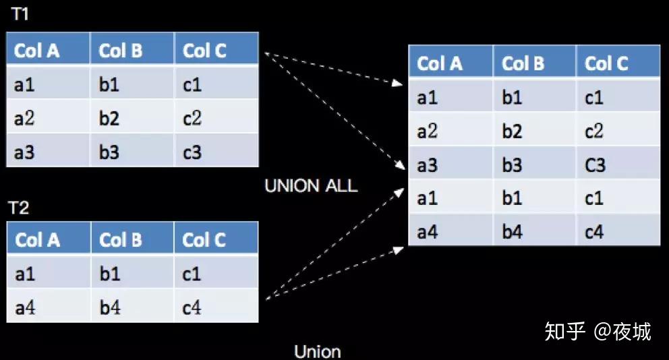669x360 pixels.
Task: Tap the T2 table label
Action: (x=20, y=207)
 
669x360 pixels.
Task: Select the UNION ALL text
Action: (x=310, y=186)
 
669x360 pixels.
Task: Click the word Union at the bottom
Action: (x=317, y=351)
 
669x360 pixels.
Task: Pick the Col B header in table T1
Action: (x=121, y=51)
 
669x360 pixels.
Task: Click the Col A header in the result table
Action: (x=439, y=64)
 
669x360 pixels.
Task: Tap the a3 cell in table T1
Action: (x=25, y=152)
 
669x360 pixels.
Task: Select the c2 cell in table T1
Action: (x=192, y=119)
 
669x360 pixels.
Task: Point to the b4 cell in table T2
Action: (x=110, y=308)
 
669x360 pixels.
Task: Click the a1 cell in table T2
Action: (x=25, y=274)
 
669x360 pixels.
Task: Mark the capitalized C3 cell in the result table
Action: (x=595, y=164)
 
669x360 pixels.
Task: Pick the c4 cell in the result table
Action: (x=594, y=232)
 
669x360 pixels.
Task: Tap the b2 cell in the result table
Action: (x=512, y=131)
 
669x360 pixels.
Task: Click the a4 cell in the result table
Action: (x=427, y=232)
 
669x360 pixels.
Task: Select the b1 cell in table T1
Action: (x=109, y=85)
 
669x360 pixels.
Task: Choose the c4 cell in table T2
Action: (x=192, y=308)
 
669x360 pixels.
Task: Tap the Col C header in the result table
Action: (x=606, y=64)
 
